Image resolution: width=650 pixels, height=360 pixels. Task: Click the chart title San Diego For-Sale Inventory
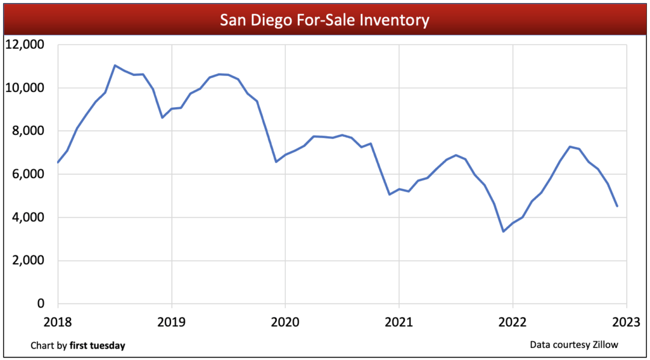point(324,20)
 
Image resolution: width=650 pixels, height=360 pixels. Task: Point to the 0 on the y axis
point(42,304)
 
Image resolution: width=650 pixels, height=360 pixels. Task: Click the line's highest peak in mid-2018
point(115,66)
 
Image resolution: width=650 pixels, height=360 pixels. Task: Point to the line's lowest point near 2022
point(503,231)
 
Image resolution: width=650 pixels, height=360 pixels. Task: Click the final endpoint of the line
point(617,206)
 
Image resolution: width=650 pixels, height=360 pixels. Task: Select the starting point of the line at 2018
point(58,163)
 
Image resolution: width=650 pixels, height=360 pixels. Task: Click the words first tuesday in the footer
point(97,346)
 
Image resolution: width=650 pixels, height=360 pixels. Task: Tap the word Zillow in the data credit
point(604,344)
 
